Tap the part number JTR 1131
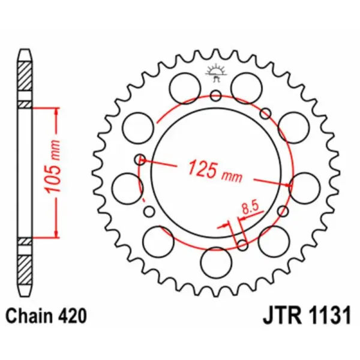pos(305,316)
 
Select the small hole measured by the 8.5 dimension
pos(242,244)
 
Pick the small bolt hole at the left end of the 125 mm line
pos(140,159)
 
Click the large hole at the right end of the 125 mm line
pos(304,185)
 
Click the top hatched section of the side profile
pos(23,77)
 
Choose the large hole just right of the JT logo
pos(246,88)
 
